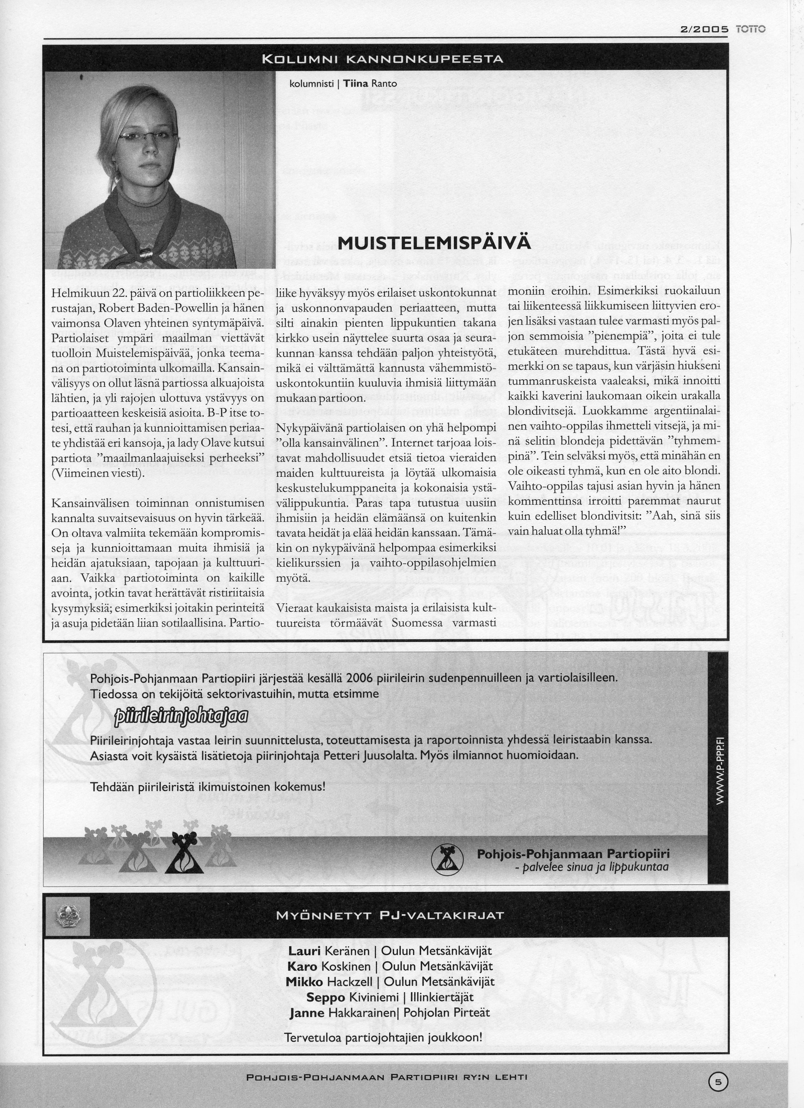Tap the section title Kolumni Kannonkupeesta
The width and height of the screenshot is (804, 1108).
[382, 60]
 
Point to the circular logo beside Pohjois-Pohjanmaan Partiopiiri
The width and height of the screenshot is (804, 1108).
[447, 860]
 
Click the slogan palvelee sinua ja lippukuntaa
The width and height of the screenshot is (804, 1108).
[591, 867]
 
